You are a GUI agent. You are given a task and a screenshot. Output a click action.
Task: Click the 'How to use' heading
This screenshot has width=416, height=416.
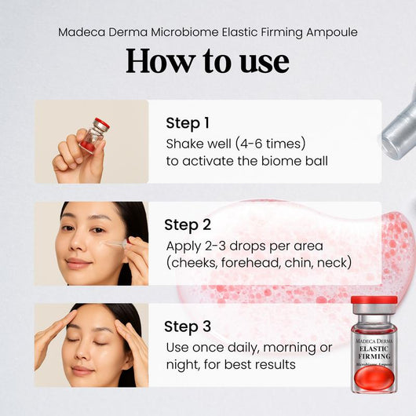tap(207, 61)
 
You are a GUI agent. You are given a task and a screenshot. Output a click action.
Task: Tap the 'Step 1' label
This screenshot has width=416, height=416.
tap(188, 123)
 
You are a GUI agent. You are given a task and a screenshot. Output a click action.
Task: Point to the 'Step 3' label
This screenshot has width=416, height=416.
tap(188, 327)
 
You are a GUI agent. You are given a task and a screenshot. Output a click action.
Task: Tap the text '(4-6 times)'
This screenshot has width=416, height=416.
tap(268, 144)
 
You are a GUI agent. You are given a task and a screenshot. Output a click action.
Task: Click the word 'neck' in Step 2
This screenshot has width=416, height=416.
tap(334, 262)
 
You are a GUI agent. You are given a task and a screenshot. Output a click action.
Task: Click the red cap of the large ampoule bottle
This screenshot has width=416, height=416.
tap(374, 301)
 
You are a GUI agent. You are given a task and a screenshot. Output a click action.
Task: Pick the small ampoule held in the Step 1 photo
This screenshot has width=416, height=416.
tap(93, 135)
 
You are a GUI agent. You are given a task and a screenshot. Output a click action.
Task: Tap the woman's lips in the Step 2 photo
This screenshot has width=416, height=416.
tap(78, 262)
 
